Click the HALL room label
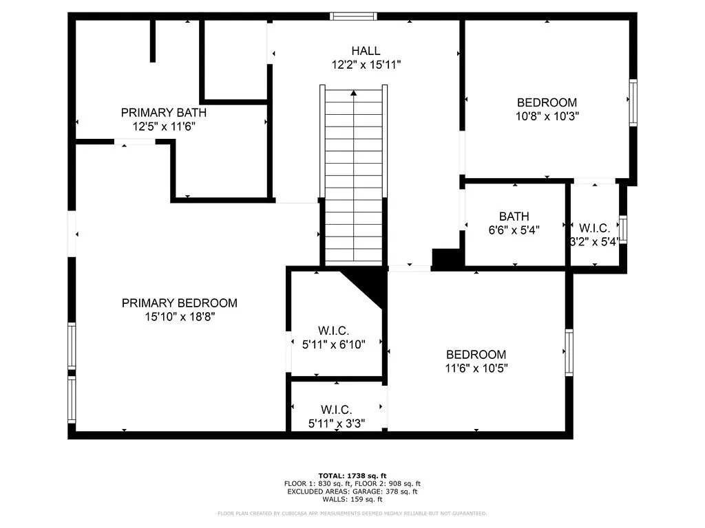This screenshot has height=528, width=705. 366,50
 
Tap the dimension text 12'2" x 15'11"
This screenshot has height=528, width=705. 366,65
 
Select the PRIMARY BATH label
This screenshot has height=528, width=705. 163,113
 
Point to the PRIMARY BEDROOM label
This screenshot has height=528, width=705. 180,302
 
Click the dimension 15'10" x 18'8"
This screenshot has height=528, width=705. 180,317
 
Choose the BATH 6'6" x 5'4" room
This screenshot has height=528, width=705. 514,223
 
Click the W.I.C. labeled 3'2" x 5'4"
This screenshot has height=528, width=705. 593,234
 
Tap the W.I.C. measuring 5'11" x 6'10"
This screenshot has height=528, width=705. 333,338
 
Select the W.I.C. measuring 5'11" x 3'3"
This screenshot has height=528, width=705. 336,417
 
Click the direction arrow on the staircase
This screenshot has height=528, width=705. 353,92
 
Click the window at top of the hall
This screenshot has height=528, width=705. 353,16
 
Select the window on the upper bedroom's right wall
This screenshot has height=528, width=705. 633,102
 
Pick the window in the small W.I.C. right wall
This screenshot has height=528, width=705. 622,229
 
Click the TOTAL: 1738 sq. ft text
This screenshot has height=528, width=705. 352,476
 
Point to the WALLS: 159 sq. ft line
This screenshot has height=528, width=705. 352,500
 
